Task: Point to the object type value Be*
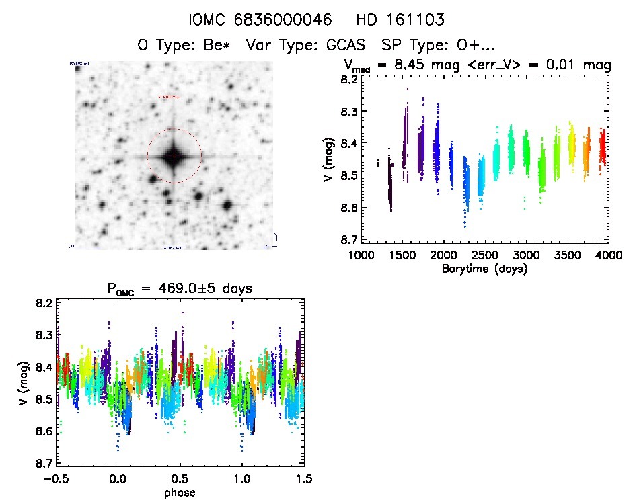coord(219,46)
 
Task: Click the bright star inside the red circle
coord(174,156)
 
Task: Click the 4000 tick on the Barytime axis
coord(609,255)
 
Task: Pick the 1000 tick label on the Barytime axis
coord(361,255)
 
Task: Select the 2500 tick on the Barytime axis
coord(484,255)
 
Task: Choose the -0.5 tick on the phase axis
coord(55,478)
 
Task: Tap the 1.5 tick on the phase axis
coord(304,478)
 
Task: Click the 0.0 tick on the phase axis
coord(118,478)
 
